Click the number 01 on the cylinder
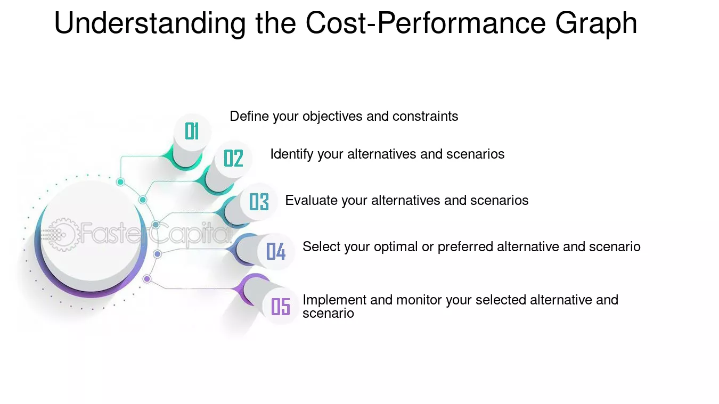click(192, 131)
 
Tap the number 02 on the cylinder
click(233, 158)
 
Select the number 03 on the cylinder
click(259, 202)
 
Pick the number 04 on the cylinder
click(276, 251)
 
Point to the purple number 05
click(281, 307)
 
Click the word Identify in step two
click(292, 154)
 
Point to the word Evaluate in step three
click(311, 201)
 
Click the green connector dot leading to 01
click(120, 182)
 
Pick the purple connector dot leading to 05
click(147, 279)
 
